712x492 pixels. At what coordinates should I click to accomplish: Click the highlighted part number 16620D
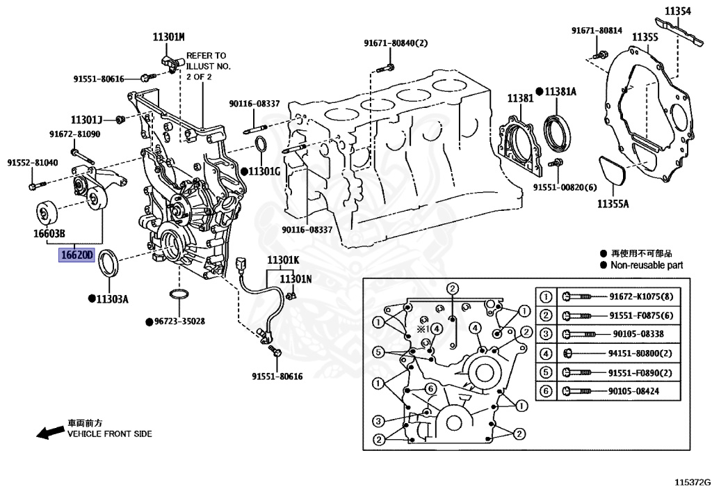[x=76, y=255]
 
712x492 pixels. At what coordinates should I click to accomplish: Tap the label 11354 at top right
[x=677, y=11]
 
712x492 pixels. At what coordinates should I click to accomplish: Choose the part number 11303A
[x=112, y=299]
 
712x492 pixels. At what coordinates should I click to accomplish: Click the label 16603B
[x=48, y=234]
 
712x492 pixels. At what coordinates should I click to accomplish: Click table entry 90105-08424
[x=633, y=392]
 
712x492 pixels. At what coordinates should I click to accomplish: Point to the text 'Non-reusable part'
[x=647, y=265]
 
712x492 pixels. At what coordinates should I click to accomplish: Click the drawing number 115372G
[x=690, y=481]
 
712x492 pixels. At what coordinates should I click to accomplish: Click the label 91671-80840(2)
[x=396, y=43]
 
